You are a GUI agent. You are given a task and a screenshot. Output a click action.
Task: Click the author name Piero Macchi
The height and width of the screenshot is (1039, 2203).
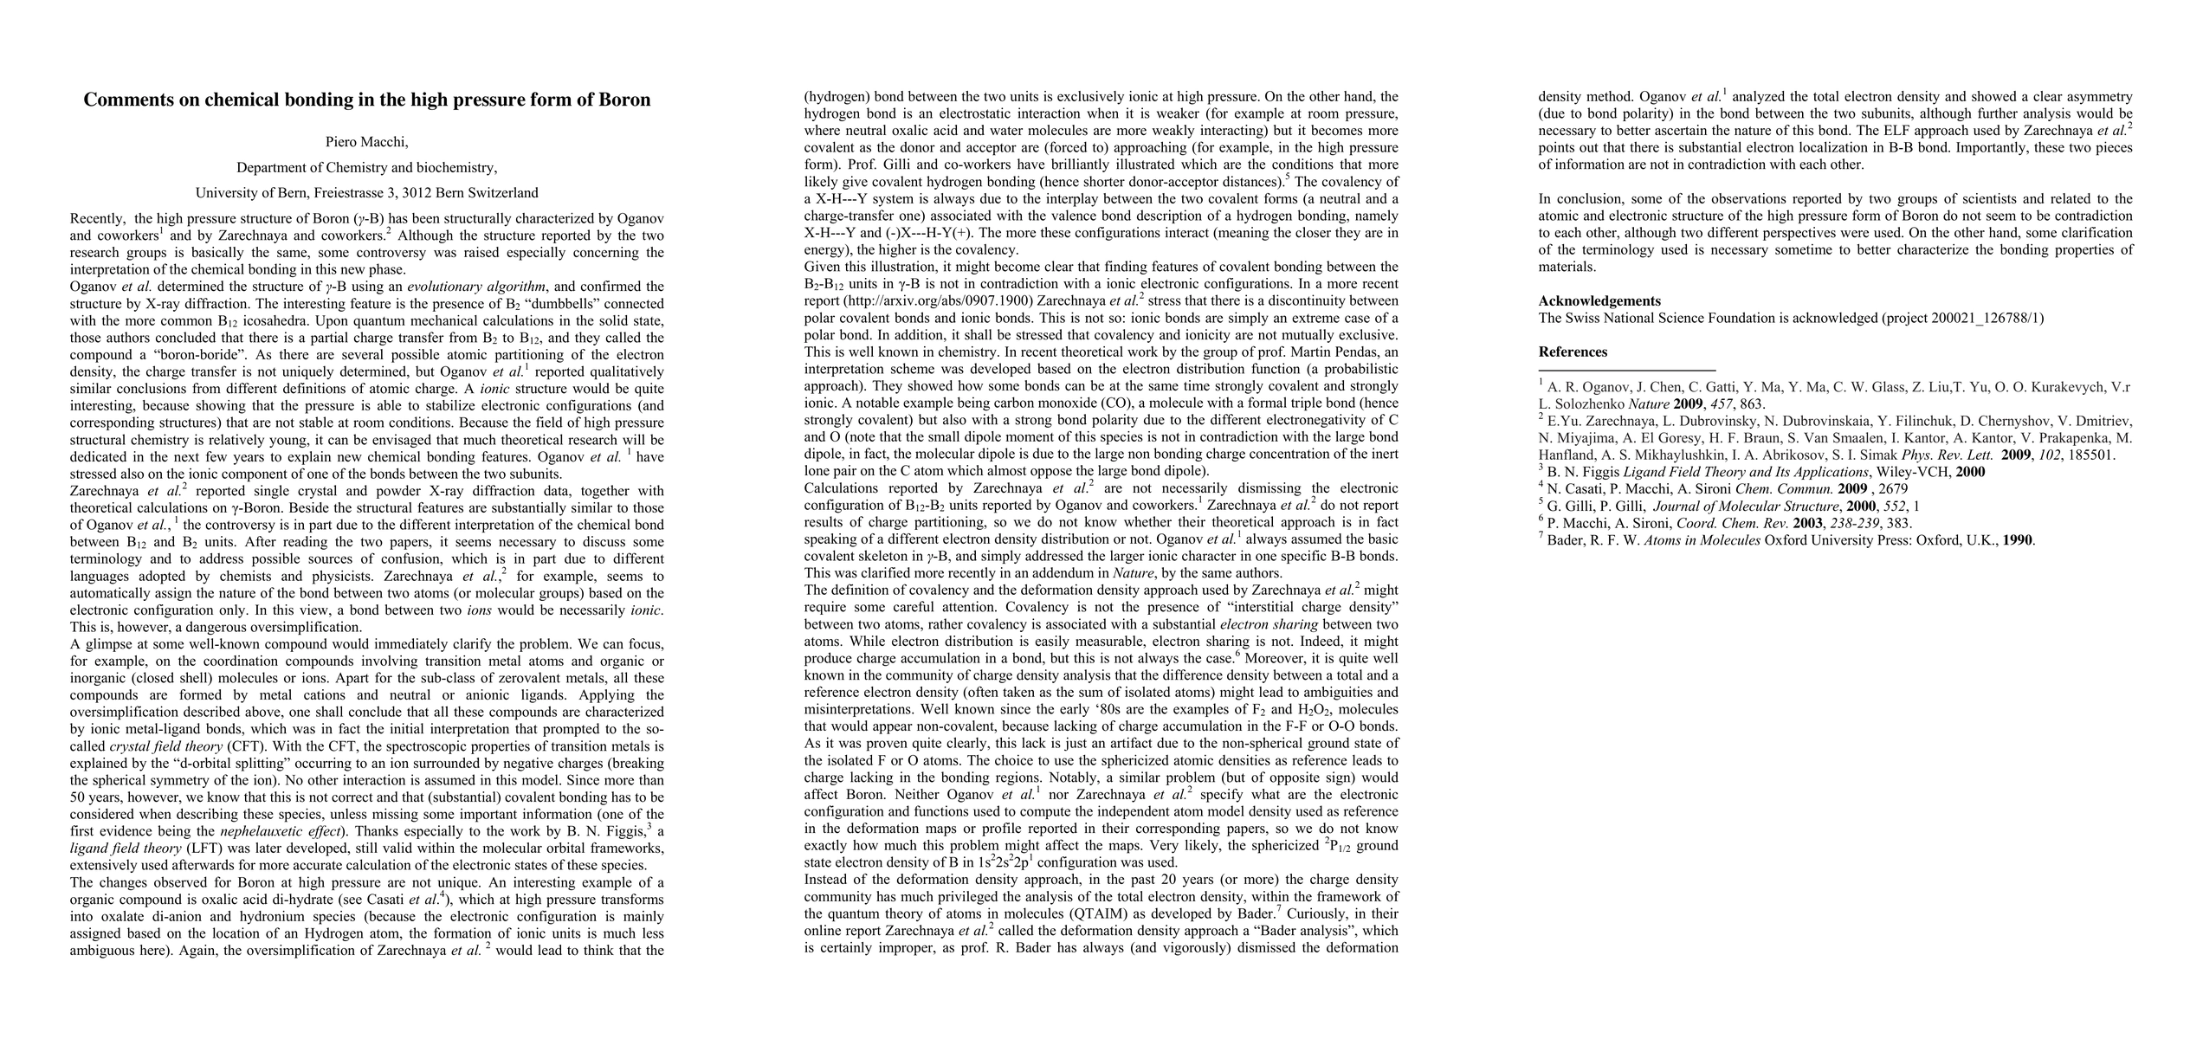[366, 142]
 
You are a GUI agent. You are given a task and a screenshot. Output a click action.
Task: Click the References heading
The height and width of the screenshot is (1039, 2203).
[1573, 352]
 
